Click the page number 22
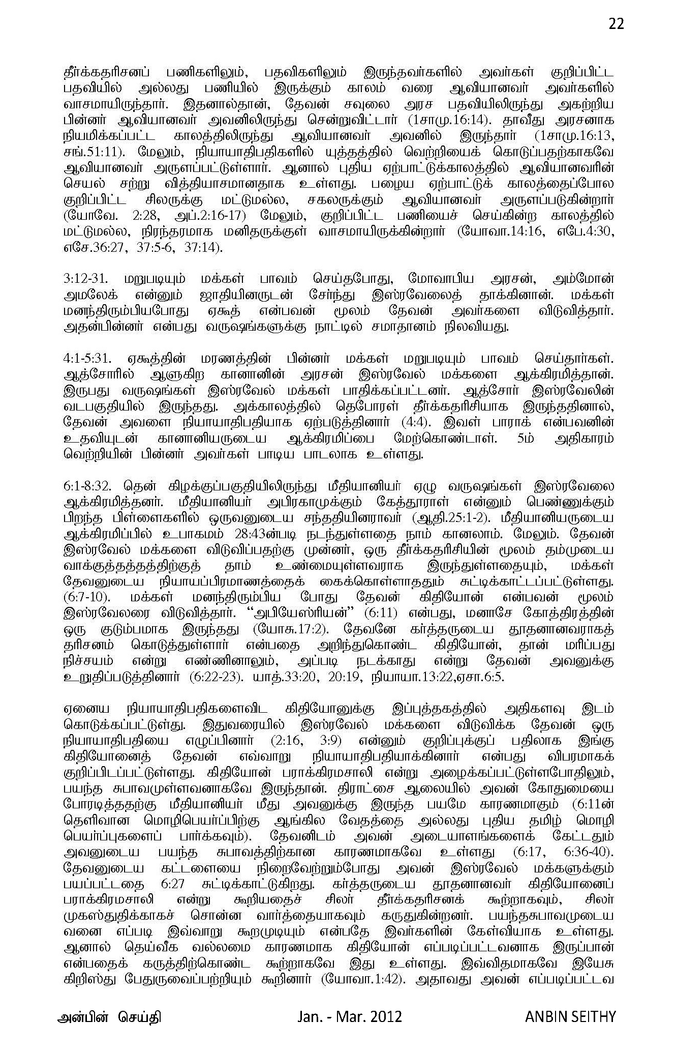coord(616,24)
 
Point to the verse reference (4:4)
coord(426,422)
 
